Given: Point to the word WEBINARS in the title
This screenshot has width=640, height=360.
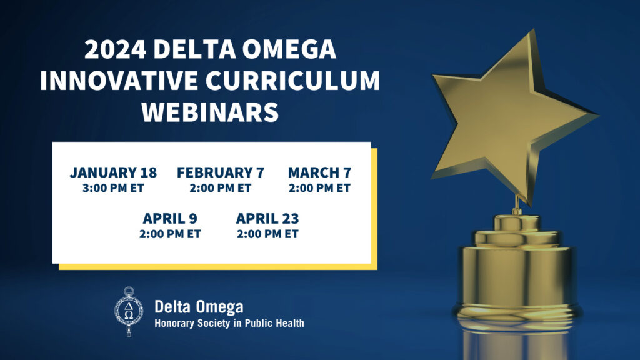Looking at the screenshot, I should [x=210, y=112].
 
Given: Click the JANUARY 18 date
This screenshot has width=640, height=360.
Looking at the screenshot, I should [x=113, y=172].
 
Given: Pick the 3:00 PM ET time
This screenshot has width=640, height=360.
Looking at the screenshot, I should [x=113, y=187].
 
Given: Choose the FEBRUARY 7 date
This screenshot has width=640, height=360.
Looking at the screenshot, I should [x=220, y=172].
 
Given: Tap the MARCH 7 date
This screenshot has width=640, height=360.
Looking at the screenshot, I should [x=319, y=172].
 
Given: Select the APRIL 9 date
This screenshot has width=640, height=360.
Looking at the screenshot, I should [x=170, y=219].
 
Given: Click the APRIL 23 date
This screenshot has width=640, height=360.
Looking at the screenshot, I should [x=267, y=219].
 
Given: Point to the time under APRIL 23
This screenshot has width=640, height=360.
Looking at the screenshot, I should [x=267, y=234].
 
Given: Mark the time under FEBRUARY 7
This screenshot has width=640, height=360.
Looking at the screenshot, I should [x=220, y=187].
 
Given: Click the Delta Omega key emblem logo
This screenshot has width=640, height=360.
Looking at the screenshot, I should [x=129, y=311].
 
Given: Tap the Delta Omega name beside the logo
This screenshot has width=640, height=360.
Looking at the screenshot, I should [x=199, y=307].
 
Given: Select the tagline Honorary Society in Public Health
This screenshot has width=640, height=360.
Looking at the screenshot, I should [x=229, y=323].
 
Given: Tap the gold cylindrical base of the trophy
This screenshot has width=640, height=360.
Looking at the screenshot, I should [x=516, y=275].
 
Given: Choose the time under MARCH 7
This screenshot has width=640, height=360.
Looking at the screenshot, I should [x=319, y=187].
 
